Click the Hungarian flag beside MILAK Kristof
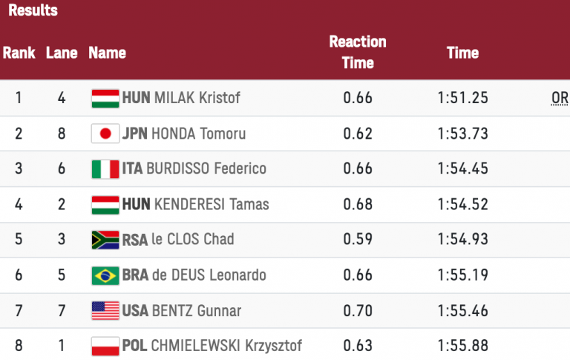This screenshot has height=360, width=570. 105,98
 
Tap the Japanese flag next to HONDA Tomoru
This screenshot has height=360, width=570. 105,134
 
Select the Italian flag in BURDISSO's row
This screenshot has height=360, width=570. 105,169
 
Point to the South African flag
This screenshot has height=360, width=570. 105,240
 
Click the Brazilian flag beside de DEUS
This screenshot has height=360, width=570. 105,275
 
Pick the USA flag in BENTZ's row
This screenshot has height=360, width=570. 105,310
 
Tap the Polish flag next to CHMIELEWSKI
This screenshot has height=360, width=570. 105,346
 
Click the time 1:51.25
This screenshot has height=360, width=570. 462,98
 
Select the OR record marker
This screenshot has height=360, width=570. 560,98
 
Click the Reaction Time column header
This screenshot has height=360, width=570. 358,53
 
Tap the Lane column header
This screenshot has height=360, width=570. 61,53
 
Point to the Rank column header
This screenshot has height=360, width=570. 19,53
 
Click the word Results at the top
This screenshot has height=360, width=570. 33,11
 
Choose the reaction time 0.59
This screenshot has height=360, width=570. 358,240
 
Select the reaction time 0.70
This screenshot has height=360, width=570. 358,310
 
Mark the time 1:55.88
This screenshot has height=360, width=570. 462,346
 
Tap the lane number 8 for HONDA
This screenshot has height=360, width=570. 62,134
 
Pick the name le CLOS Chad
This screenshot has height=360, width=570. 192,240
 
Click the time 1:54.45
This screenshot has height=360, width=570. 462,169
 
